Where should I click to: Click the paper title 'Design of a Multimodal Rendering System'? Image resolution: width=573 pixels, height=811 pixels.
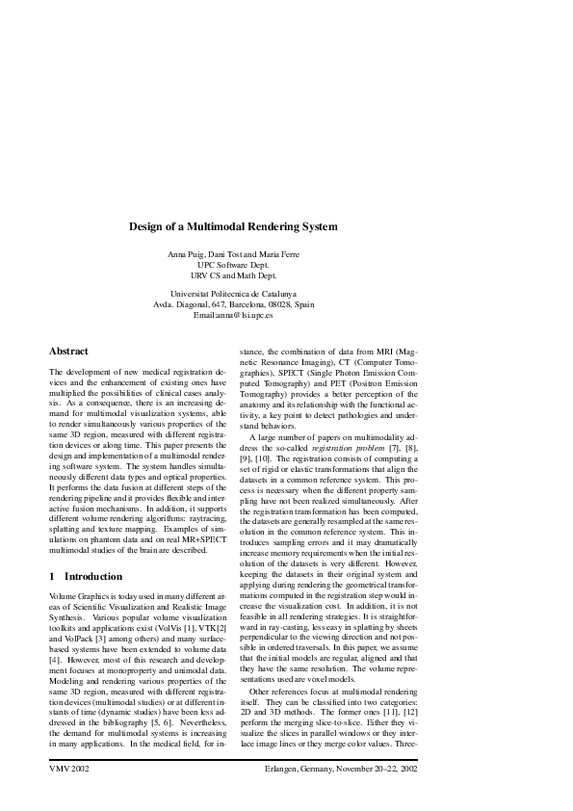point(234,227)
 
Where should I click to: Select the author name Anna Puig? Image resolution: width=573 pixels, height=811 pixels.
point(187,253)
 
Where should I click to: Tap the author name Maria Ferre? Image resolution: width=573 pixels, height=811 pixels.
point(278,253)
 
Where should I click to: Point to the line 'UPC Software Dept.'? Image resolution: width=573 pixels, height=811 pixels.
point(234,264)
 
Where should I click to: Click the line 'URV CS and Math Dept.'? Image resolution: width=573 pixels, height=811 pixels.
point(234,275)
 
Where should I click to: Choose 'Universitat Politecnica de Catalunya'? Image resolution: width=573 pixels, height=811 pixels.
point(234,292)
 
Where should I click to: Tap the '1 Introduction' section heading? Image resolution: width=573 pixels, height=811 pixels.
point(86,576)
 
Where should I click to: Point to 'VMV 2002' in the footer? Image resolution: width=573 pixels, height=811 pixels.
point(69,771)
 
